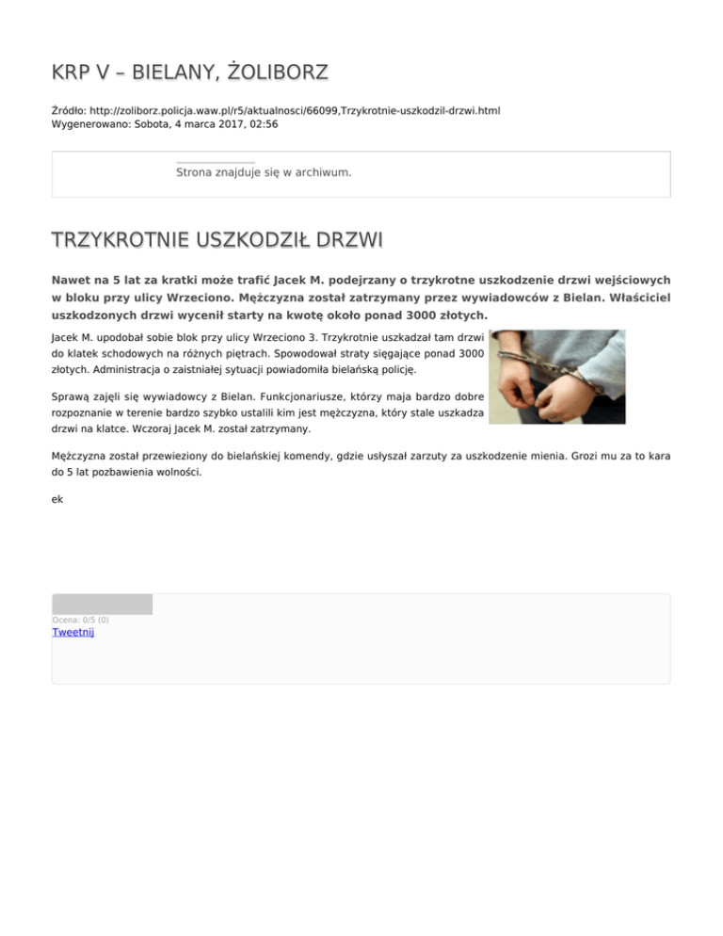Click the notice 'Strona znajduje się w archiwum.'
pyautogui.click(x=264, y=172)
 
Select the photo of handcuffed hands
pyautogui.click(x=557, y=376)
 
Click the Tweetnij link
pyautogui.click(x=72, y=632)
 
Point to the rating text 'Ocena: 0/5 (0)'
pyautogui.click(x=80, y=620)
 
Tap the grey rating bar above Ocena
pyautogui.click(x=102, y=604)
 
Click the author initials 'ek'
pyautogui.click(x=57, y=500)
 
